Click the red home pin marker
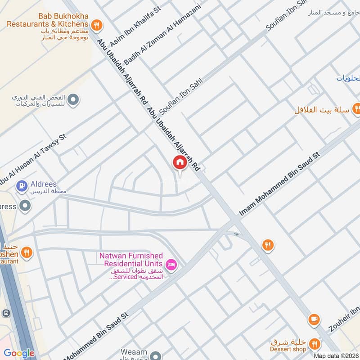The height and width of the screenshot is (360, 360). tap(180, 162)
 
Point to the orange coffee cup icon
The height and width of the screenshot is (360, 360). tap(314, 319)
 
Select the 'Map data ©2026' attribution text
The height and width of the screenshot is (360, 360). tap(336, 355)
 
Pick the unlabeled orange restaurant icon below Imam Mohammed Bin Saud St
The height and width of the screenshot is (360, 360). tap(268, 245)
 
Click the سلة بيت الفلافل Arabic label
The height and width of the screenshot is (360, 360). tap(322, 110)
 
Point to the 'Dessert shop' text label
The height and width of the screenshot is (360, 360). tap(288, 349)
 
